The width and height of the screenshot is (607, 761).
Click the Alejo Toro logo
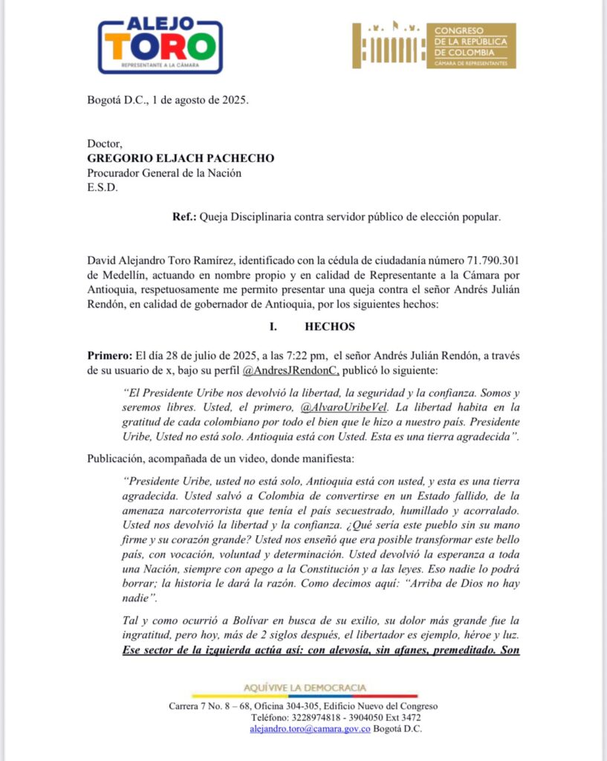click(160, 45)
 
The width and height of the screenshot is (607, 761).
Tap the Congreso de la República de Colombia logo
click(434, 46)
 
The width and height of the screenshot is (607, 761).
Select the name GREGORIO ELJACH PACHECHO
click(181, 158)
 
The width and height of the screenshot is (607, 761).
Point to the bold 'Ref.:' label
click(184, 217)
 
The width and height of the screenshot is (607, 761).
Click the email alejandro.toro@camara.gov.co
click(310, 729)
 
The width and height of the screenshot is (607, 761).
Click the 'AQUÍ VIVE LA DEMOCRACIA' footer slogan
click(305, 688)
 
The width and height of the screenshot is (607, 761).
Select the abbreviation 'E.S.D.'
click(103, 187)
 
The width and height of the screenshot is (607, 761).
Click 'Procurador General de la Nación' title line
click(164, 173)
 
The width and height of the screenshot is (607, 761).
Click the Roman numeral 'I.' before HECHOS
click(273, 327)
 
